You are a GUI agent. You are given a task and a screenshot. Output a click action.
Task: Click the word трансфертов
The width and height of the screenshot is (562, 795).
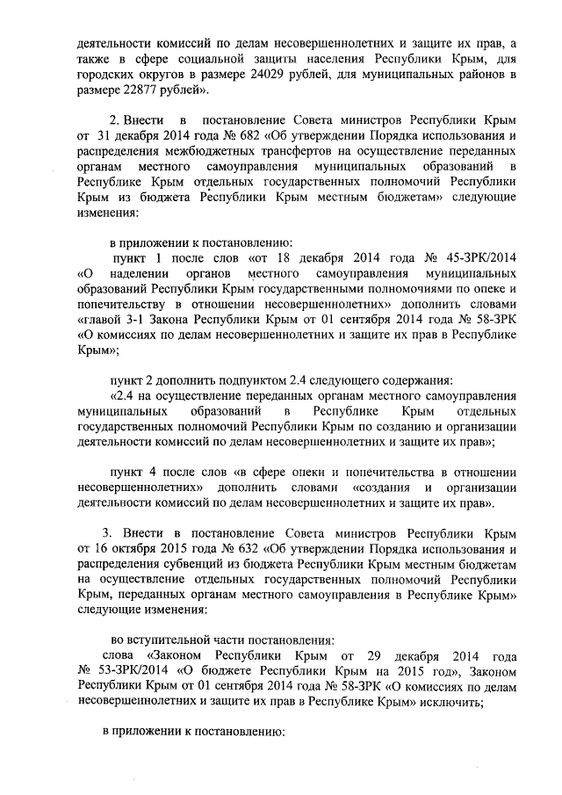point(264,150)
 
